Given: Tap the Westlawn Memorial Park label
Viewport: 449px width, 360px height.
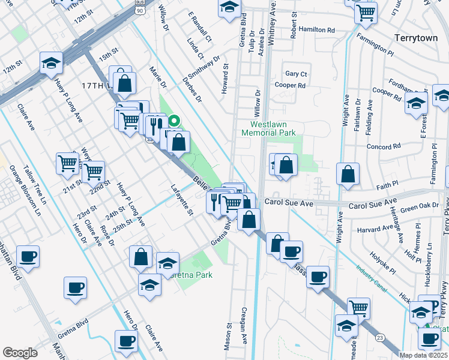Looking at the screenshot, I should point(269,128).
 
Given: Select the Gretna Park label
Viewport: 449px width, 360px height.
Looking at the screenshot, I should point(187,276).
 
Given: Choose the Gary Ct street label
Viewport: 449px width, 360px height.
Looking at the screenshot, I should point(296,74).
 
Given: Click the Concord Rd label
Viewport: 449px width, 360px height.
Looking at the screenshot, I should point(384,147).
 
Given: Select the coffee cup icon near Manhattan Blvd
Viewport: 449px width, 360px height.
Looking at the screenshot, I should point(28,256).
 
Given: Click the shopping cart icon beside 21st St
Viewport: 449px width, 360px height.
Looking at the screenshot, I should point(68,163).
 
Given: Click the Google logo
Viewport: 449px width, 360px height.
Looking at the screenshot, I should point(20,352).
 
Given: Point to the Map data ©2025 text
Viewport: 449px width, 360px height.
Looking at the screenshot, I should point(424,355).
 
